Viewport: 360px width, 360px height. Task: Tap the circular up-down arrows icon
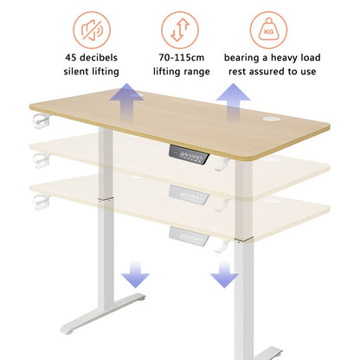(179, 31)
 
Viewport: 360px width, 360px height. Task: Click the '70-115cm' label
(179, 59)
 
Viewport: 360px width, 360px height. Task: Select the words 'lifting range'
(179, 73)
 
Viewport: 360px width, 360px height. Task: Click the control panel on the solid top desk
(192, 157)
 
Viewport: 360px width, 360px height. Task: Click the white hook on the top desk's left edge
(37, 118)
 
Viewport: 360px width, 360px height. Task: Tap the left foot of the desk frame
(95, 317)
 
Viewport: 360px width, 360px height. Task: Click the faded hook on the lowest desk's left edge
(39, 201)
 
